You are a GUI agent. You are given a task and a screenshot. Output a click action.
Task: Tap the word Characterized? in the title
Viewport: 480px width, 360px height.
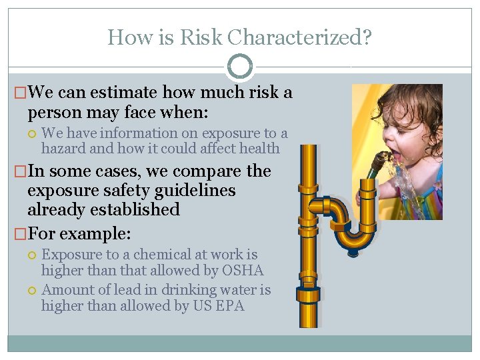coord(300,37)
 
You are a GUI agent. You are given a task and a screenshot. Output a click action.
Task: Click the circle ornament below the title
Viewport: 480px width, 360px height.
coord(240,67)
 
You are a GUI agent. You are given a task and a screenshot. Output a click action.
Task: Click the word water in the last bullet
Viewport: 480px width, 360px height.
coord(241,290)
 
